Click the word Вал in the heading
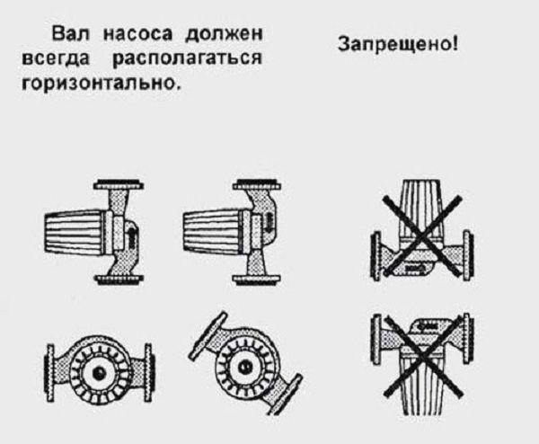pos(70,33)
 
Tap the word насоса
pos(137,34)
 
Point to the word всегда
pos(56,58)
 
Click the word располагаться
pos(188,58)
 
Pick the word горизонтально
pos(101,82)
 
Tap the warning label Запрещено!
pos(398,44)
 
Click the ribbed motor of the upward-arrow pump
pos(75,233)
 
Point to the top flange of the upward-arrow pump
pos(119,185)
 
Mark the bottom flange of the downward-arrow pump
pos(257,280)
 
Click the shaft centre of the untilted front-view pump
pos(100,373)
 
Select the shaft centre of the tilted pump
pos(245,368)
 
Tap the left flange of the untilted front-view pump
pos(50,373)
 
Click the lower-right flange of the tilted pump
pos(283,395)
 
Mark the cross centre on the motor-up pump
pos(422,236)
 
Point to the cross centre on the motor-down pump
pos(422,356)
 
